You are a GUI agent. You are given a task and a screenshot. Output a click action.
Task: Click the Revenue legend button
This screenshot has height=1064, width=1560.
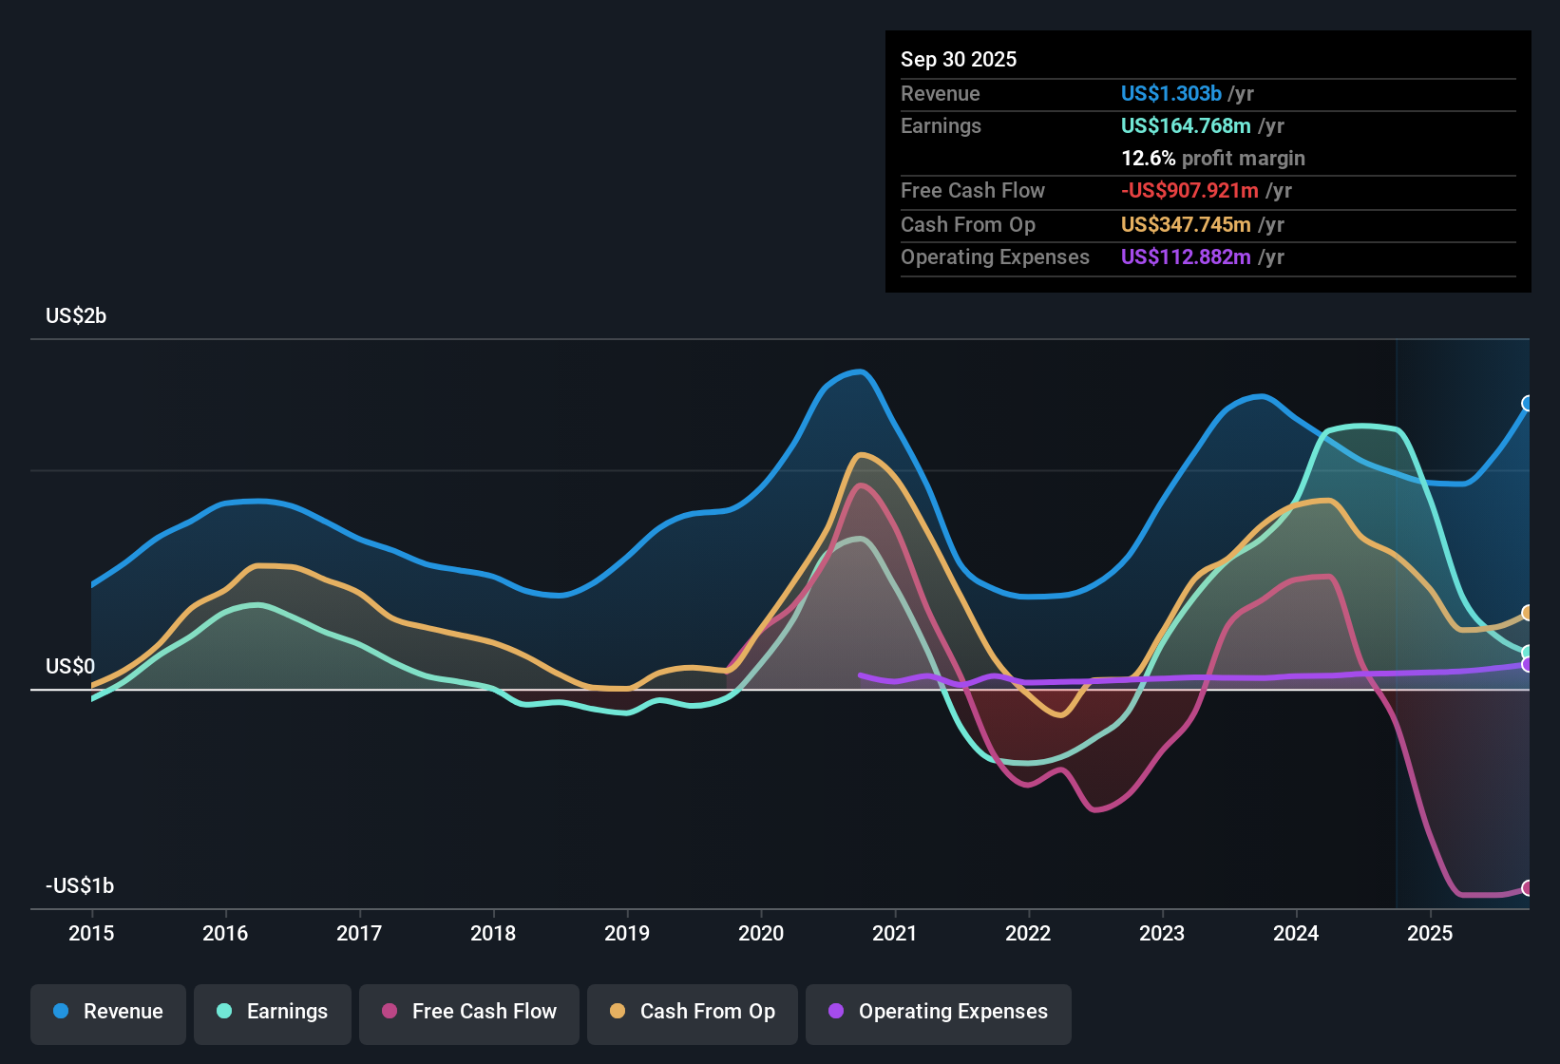point(108,1012)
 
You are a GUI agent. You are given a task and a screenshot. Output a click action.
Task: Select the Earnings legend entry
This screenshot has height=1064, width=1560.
point(273,1012)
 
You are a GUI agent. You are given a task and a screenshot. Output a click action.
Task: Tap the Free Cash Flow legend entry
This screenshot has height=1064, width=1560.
point(469,1012)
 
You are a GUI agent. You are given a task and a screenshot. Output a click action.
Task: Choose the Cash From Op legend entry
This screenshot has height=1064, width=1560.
point(693,1012)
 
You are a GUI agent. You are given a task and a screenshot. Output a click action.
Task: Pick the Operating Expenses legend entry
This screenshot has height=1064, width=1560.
point(939,1012)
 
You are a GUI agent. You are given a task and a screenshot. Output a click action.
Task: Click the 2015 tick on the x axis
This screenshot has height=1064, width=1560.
point(91,933)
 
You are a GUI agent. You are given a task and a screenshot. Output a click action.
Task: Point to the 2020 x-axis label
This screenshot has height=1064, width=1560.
point(761,933)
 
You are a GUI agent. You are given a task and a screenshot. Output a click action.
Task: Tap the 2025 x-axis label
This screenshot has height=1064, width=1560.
point(1430,933)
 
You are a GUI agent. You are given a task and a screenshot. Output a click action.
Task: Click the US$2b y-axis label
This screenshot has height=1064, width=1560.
point(76,315)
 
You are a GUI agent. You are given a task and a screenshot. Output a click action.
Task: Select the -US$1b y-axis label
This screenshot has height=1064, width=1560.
point(80,885)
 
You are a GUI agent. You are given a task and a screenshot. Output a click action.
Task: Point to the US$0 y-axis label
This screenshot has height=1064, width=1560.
point(70,666)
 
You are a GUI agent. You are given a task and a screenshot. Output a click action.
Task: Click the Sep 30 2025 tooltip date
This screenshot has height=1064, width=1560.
point(958,59)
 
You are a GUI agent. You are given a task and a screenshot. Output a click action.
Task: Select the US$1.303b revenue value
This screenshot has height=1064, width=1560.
point(1170,93)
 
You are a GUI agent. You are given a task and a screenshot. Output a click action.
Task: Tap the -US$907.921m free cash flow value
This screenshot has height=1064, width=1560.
point(1189,190)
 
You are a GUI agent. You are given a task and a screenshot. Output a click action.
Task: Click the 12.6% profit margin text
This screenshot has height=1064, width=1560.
point(1212,158)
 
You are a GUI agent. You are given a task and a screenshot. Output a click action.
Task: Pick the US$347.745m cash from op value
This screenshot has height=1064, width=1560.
point(1185,224)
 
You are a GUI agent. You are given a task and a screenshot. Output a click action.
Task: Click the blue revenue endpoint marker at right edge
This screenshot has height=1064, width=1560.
point(1528,404)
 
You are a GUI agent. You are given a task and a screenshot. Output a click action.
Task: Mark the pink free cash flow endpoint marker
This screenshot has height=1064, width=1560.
point(1528,888)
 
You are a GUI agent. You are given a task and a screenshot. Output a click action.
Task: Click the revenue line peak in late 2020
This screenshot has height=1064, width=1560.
point(861,371)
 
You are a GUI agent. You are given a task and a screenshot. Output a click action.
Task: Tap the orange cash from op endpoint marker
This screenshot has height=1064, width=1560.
point(1528,613)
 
